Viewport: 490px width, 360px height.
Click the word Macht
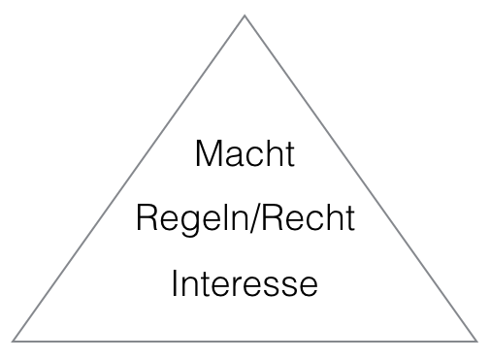click(x=244, y=155)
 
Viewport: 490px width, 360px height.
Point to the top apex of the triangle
click(x=245, y=16)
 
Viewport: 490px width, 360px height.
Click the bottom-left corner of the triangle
click(x=14, y=340)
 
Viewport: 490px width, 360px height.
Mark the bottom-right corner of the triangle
click(x=475, y=340)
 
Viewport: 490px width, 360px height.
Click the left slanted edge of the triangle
click(x=129, y=178)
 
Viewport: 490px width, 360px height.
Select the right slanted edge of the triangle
click(x=360, y=178)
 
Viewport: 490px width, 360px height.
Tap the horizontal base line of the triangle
click(x=245, y=341)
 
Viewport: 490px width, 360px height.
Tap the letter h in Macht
click(x=275, y=155)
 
